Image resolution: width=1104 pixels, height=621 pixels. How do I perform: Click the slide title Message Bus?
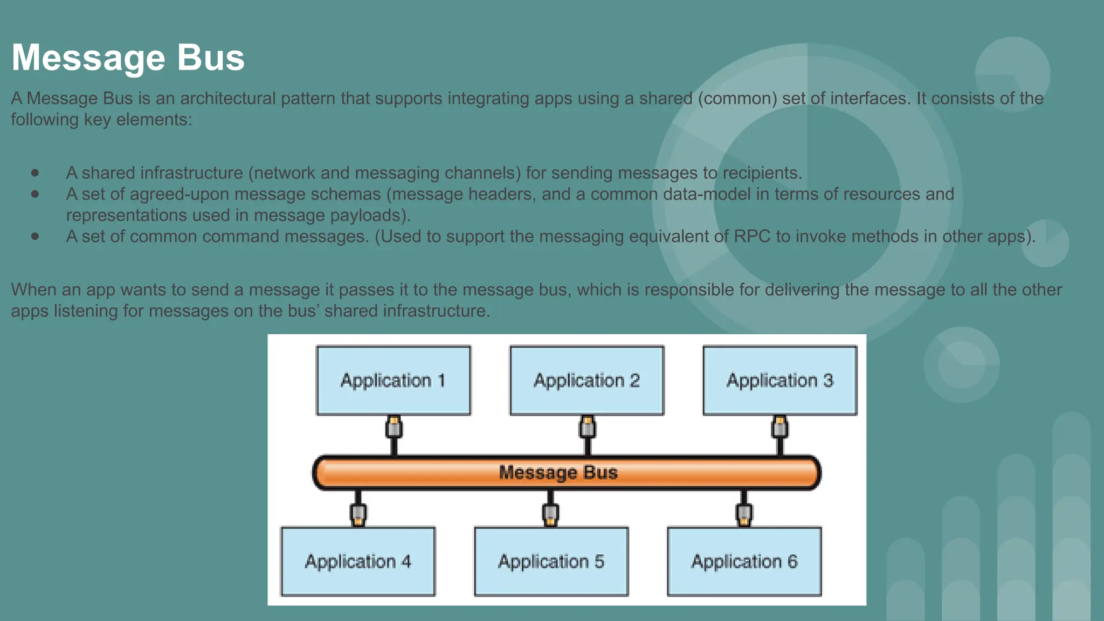click(128, 58)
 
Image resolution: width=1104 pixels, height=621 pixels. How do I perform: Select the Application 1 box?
click(393, 381)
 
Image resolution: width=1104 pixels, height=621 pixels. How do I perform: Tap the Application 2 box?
click(586, 381)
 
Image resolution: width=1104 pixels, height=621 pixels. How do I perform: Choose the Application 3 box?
click(779, 381)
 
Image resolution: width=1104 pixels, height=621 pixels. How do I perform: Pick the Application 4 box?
click(358, 562)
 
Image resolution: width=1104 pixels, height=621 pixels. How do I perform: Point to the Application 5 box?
click(551, 562)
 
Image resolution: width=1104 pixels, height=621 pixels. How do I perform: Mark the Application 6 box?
click(744, 562)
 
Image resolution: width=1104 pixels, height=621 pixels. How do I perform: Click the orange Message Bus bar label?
click(558, 473)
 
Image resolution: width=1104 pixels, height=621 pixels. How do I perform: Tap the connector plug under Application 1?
click(394, 428)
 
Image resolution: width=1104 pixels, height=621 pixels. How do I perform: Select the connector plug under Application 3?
click(779, 428)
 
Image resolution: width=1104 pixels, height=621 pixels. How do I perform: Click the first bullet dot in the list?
click(35, 173)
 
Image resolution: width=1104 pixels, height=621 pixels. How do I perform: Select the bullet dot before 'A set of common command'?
click(35, 237)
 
